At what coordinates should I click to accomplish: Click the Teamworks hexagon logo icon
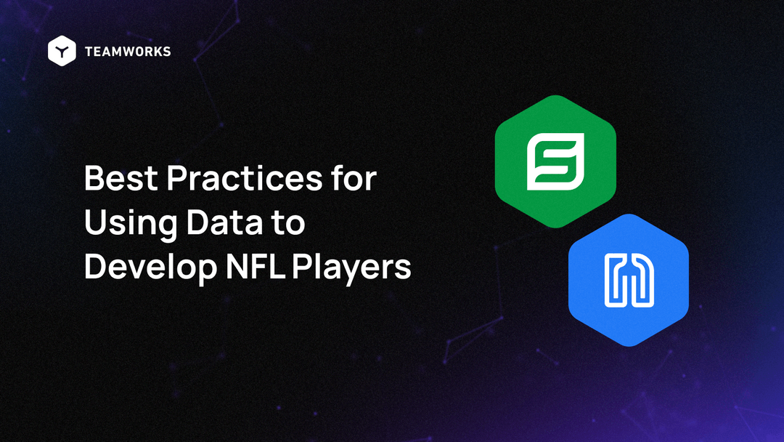[x=62, y=51]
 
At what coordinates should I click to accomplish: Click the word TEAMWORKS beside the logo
[x=128, y=52]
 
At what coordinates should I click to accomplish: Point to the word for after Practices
[x=356, y=178]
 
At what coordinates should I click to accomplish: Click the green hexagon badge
[x=555, y=161]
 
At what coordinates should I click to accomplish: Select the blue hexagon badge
[x=628, y=279]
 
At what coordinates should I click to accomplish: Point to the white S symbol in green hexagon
[x=555, y=161]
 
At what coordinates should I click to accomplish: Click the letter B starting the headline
[x=94, y=178]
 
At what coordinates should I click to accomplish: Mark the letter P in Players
[x=301, y=267]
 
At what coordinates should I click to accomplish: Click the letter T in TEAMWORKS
[x=89, y=52]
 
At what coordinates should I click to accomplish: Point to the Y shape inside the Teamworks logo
[x=62, y=52]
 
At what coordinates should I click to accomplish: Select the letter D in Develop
[x=95, y=267]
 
